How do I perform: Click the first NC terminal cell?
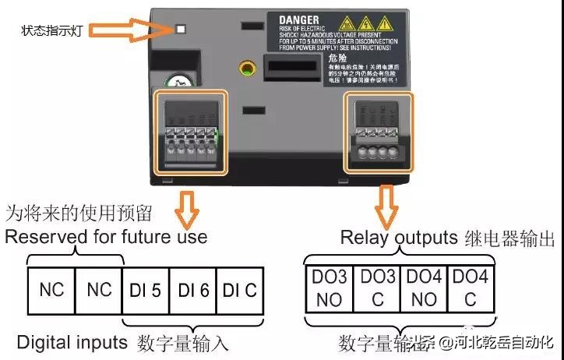tap(51, 290)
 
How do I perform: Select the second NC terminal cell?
tap(99, 290)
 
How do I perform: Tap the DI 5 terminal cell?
tap(146, 290)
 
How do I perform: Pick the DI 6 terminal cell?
tap(193, 290)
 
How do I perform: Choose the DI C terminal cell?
tap(240, 290)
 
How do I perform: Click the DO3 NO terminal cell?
tap(328, 288)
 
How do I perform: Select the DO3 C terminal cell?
tap(377, 288)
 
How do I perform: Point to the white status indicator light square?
tap(181, 30)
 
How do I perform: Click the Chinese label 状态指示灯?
tap(51, 31)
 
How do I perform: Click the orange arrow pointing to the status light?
tap(147, 32)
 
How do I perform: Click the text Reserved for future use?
tap(107, 236)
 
